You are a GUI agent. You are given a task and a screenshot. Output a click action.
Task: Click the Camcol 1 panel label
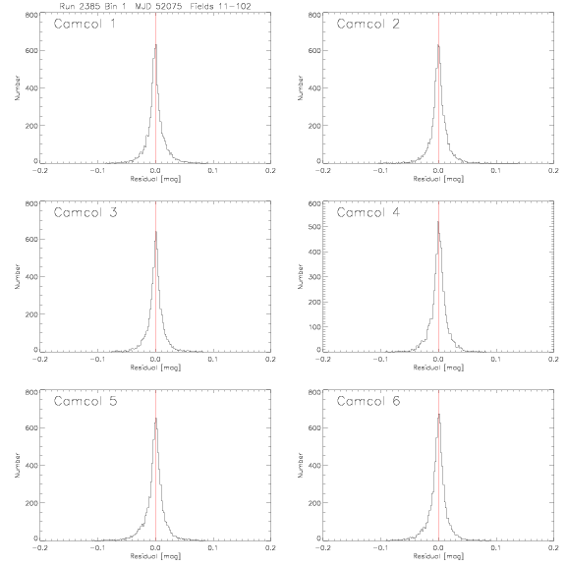[x=85, y=24]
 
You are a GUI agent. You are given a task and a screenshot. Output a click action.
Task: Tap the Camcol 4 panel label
[x=368, y=212]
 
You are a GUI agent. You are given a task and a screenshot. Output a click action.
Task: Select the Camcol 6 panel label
[x=368, y=401]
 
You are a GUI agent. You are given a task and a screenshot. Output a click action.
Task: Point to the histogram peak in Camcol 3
[x=156, y=231]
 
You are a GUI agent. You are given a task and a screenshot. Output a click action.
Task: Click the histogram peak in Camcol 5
[x=156, y=418]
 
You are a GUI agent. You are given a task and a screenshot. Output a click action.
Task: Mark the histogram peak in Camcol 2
[x=438, y=45]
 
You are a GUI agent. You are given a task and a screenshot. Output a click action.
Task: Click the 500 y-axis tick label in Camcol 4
[x=314, y=227]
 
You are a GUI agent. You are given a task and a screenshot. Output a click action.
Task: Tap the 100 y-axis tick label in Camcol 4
[x=314, y=327]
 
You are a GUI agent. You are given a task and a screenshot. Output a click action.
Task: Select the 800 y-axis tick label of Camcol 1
[x=31, y=15]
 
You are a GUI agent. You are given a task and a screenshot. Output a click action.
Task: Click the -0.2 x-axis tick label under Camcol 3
[x=39, y=360]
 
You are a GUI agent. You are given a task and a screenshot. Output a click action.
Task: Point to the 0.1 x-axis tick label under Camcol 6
[x=496, y=547]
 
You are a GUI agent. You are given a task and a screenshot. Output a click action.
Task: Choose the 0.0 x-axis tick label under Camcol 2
[x=438, y=170]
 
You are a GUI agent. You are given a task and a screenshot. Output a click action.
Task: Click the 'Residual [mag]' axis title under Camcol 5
[x=155, y=556]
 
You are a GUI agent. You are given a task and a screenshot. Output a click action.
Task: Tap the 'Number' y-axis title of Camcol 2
[x=301, y=87]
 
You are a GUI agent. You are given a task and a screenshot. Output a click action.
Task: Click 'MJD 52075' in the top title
[x=158, y=6]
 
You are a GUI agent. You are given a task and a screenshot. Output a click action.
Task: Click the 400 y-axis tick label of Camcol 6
[x=314, y=466]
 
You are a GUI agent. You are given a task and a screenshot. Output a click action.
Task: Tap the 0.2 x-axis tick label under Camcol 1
[x=271, y=170]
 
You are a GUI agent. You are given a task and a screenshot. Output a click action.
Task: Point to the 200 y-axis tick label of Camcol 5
[x=31, y=503]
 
